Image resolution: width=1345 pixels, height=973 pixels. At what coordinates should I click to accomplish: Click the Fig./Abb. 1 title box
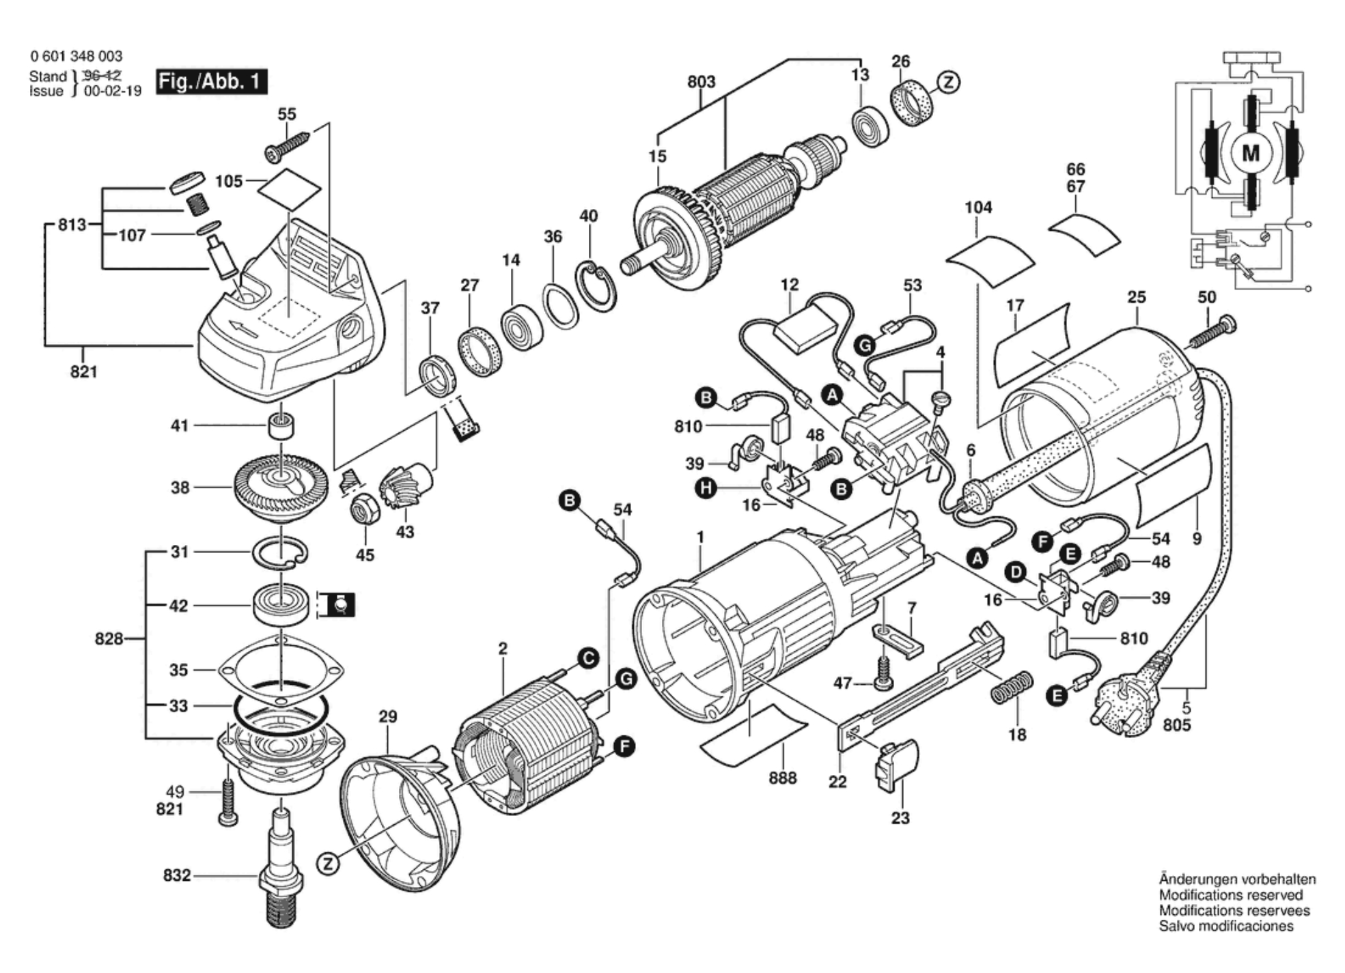[x=211, y=82]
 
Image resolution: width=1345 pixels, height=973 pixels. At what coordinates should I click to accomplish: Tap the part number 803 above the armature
[x=701, y=82]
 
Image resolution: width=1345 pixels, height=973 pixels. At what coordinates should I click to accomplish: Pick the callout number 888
[x=782, y=778]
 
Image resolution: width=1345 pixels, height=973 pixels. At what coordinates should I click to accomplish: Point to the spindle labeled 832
[x=280, y=867]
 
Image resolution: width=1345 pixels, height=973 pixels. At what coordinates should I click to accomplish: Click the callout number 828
[x=109, y=639]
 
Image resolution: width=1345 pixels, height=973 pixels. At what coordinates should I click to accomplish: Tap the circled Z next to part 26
[x=948, y=83]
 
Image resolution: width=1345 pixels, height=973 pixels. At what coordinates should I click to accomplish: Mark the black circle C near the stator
[x=588, y=658]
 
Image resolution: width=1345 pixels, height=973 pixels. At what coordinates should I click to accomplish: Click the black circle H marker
[x=705, y=488]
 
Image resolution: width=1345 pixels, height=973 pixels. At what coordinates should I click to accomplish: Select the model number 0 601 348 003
[x=76, y=56]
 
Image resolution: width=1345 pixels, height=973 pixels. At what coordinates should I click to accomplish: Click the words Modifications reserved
[x=1230, y=895]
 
